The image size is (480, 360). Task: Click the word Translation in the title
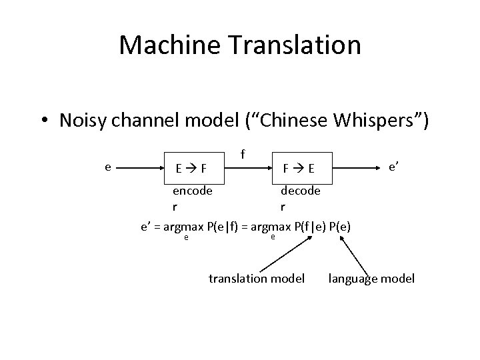(293, 45)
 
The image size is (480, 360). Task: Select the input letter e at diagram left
(108, 167)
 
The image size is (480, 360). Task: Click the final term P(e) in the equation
(341, 227)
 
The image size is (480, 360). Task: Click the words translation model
(257, 278)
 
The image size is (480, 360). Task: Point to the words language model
(371, 278)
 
